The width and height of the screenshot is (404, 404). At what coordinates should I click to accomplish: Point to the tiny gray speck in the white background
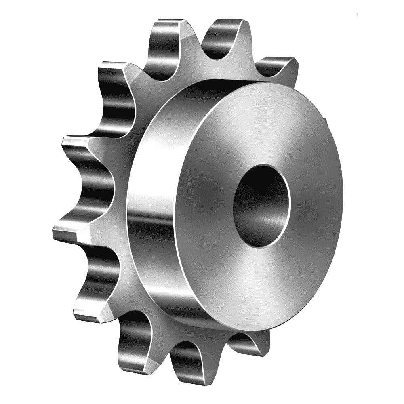(x=357, y=15)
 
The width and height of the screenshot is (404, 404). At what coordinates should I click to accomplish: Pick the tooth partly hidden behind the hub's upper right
(x=279, y=67)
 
